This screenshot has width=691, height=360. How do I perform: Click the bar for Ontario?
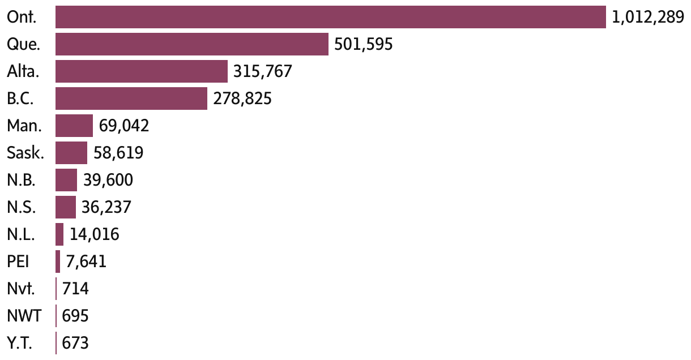pyautogui.click(x=331, y=17)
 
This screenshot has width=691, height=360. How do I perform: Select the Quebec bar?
pyautogui.click(x=192, y=44)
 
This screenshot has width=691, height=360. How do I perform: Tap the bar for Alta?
pyautogui.click(x=142, y=71)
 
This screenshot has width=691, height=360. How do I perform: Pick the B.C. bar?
pyautogui.click(x=131, y=98)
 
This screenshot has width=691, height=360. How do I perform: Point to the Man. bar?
pyautogui.click(x=74, y=126)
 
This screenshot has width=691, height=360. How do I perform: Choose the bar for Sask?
pyautogui.click(x=71, y=153)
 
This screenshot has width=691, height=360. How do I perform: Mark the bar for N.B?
pyautogui.click(x=66, y=180)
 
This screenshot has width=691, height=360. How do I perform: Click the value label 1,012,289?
pyautogui.click(x=648, y=18)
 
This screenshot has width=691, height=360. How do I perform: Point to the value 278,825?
pyautogui.click(x=242, y=99)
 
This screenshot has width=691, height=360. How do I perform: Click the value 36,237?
pyautogui.click(x=106, y=207)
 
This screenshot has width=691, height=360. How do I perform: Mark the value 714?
pyautogui.click(x=76, y=289)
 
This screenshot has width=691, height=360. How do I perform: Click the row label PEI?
pyautogui.click(x=18, y=262)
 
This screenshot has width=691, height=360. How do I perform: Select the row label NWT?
pyautogui.click(x=24, y=316)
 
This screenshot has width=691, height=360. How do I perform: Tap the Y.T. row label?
pyautogui.click(x=20, y=343)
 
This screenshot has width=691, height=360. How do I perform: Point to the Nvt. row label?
pyautogui.click(x=21, y=289)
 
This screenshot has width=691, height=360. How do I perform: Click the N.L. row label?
pyautogui.click(x=21, y=234)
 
